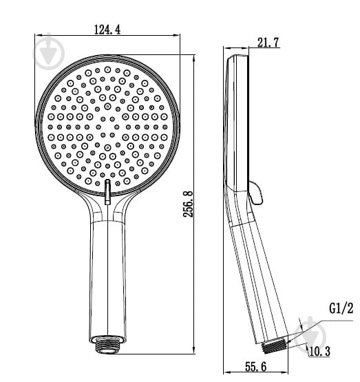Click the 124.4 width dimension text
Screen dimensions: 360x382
(x=107, y=30)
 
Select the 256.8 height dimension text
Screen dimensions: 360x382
(x=189, y=204)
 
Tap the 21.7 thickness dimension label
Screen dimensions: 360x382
(x=268, y=43)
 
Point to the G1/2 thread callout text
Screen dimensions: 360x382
(x=341, y=308)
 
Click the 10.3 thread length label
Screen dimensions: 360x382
(x=319, y=351)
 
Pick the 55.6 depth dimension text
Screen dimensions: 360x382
(x=255, y=367)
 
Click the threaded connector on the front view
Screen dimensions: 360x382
(x=107, y=345)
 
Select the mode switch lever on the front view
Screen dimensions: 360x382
(x=107, y=192)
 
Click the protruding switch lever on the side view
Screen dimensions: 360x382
(x=255, y=193)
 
